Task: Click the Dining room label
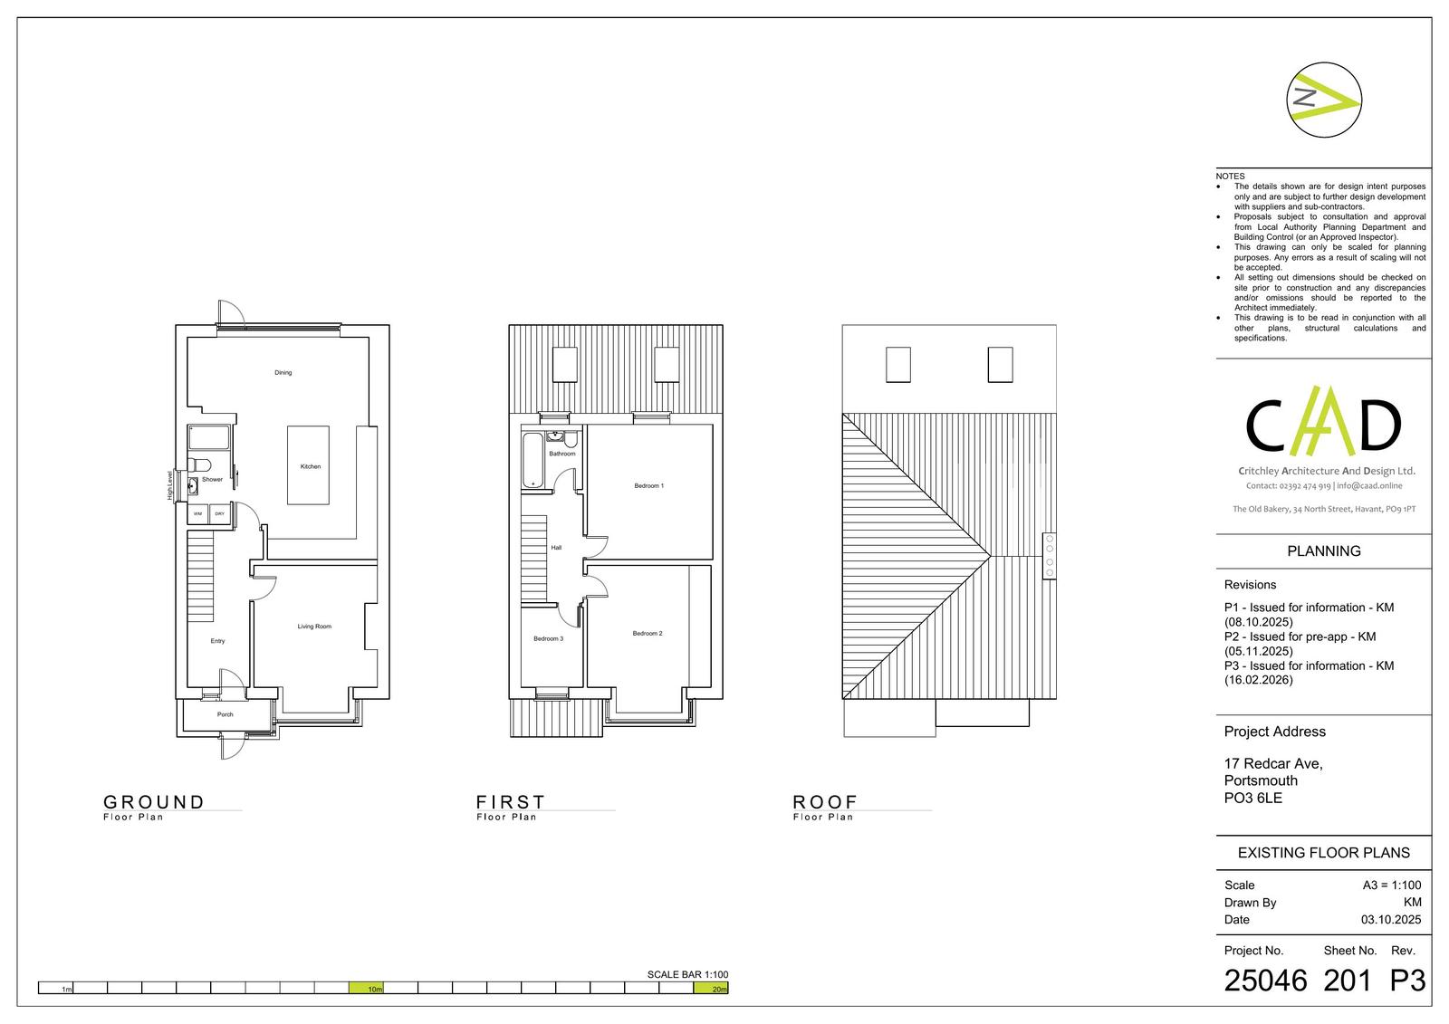click(283, 373)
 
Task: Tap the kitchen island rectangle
click(308, 465)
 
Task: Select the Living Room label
click(314, 627)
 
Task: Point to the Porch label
click(226, 714)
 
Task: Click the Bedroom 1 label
click(648, 486)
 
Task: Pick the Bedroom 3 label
click(548, 639)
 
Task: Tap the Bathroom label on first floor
click(562, 455)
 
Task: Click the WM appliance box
click(198, 513)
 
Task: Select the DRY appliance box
click(220, 513)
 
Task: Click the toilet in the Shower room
click(198, 465)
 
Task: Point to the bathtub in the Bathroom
click(533, 460)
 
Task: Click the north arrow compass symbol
click(1323, 100)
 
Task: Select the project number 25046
click(1265, 981)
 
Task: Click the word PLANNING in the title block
click(1323, 551)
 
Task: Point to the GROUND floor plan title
click(153, 802)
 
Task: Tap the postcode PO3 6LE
click(1253, 799)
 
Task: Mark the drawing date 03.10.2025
click(1391, 919)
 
